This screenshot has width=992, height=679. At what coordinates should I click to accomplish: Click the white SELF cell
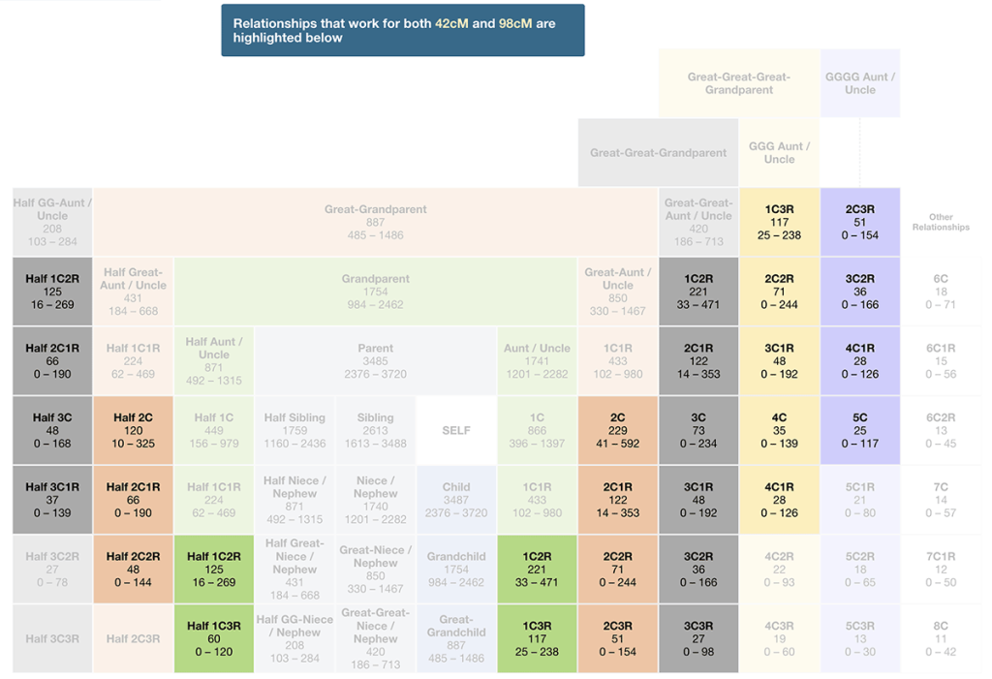pos(456,430)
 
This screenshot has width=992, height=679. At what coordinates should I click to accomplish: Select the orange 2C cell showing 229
pos(618,430)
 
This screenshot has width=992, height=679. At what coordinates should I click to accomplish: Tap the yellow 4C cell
pos(779,430)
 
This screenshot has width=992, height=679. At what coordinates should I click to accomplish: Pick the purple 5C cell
pos(859,430)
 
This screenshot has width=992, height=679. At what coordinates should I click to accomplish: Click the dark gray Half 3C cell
pos(52,430)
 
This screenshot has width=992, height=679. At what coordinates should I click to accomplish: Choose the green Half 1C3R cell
pos(214,638)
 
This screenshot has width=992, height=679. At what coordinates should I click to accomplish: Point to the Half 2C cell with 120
pos(133,430)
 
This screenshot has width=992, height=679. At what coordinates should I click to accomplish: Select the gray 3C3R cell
pos(698,638)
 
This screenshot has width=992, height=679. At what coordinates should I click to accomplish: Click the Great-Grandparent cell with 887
pos(375,222)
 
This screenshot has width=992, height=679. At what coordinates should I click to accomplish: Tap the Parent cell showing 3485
pos(375,360)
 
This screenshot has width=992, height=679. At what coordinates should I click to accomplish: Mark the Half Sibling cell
pos(294,430)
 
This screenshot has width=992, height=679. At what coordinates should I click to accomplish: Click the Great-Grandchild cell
pos(456,638)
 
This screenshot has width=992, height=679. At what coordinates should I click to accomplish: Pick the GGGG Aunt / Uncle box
pos(859,83)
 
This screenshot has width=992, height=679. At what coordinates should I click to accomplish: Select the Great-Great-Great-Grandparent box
pos(738,83)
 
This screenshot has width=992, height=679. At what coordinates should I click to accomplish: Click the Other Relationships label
pos(941,222)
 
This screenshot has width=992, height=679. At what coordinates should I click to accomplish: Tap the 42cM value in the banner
pos(451,23)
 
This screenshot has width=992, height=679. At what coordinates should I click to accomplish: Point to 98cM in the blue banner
pos(514,23)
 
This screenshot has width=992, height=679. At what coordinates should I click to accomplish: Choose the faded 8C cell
pos(941,638)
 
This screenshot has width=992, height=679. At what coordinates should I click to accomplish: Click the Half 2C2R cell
pos(133,570)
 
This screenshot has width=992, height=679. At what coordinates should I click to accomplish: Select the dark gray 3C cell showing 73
pos(698,430)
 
